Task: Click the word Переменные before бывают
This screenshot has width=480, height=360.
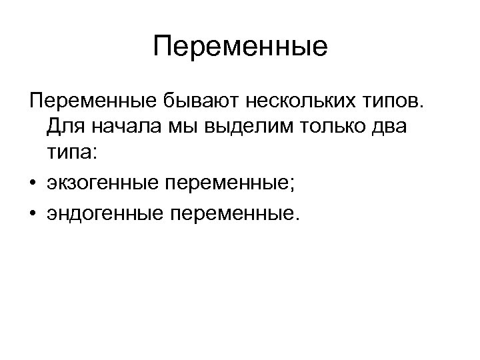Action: [92, 101]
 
